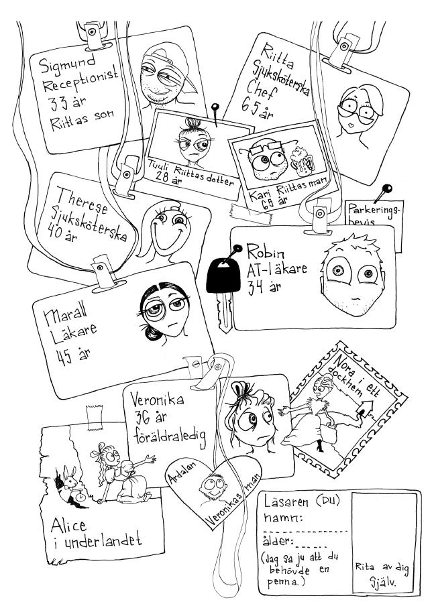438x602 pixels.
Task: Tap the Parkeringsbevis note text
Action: click(x=374, y=215)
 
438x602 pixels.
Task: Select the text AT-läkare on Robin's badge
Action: click(x=276, y=272)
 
